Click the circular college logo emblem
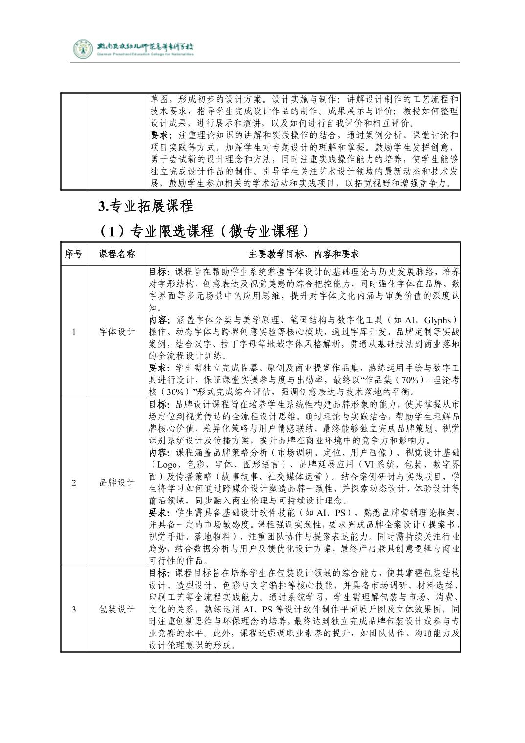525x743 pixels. pyautogui.click(x=83, y=48)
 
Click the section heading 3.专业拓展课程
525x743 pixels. pyautogui.click(x=146, y=206)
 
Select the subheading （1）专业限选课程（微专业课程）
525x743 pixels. pyautogui.click(x=204, y=230)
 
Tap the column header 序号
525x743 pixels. pyautogui.click(x=74, y=254)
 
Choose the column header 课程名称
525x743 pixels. pyautogui.click(x=117, y=254)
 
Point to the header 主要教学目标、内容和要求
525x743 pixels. pyautogui.click(x=304, y=254)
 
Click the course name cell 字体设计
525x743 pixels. pyautogui.click(x=117, y=332)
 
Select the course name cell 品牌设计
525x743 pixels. pyautogui.click(x=117, y=482)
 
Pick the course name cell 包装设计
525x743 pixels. pyautogui.click(x=117, y=609)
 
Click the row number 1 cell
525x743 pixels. pyautogui.click(x=74, y=332)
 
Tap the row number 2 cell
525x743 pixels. pyautogui.click(x=74, y=482)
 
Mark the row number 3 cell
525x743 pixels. pyautogui.click(x=74, y=609)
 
